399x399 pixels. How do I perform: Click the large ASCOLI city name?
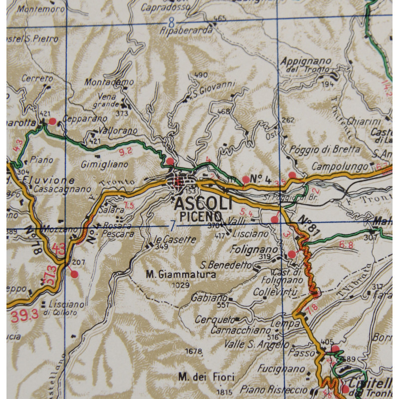pos(203,204)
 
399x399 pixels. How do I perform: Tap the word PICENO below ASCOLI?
pos(201,216)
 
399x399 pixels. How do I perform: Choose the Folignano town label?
pos(254,248)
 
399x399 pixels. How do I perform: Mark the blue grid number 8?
pos(172,22)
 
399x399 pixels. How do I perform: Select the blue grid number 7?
pos(172,225)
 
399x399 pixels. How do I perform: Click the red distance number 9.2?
pos(126,150)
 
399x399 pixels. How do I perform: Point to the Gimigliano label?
pos(105,164)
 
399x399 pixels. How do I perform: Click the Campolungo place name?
pos(340,166)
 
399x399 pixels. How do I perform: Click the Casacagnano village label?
pos(62,190)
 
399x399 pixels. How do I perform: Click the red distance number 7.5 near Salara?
pos(129,206)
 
